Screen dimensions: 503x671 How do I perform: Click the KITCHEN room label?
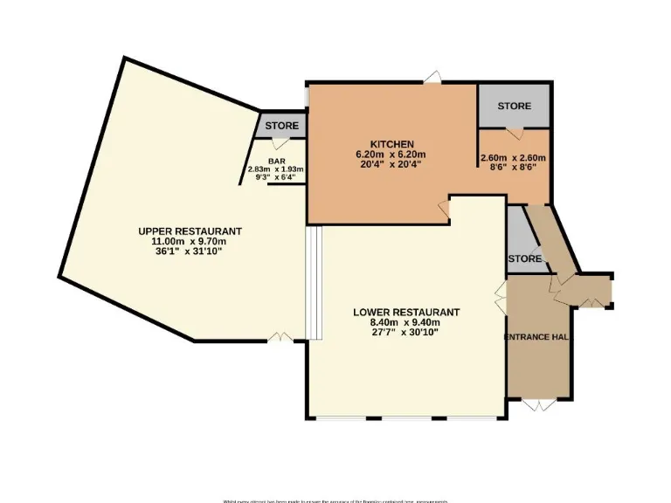pyautogui.click(x=391, y=144)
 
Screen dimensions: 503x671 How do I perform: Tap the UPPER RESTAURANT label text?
pyautogui.click(x=190, y=231)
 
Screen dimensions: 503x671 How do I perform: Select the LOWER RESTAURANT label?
pyautogui.click(x=406, y=312)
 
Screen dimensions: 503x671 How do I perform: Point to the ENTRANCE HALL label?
pyautogui.click(x=539, y=336)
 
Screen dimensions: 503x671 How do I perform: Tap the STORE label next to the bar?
pyautogui.click(x=281, y=126)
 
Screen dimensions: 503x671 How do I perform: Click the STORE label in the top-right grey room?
pyautogui.click(x=514, y=106)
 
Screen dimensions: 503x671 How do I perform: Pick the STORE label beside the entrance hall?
pyautogui.click(x=524, y=258)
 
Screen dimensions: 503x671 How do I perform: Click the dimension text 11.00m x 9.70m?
pyautogui.click(x=190, y=241)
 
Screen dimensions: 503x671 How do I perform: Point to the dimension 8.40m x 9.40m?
pyautogui.click(x=406, y=322)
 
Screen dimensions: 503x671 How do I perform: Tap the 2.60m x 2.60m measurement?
pyautogui.click(x=513, y=158)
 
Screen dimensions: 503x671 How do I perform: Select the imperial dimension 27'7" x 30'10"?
pyautogui.click(x=406, y=333)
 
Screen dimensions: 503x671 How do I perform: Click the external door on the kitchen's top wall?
pyautogui.click(x=432, y=80)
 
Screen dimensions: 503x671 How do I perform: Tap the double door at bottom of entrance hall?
pyautogui.click(x=542, y=404)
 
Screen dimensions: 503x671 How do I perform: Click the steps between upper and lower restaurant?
pyautogui.click(x=315, y=282)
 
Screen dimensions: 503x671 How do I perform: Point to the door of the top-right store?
pyautogui.click(x=515, y=132)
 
